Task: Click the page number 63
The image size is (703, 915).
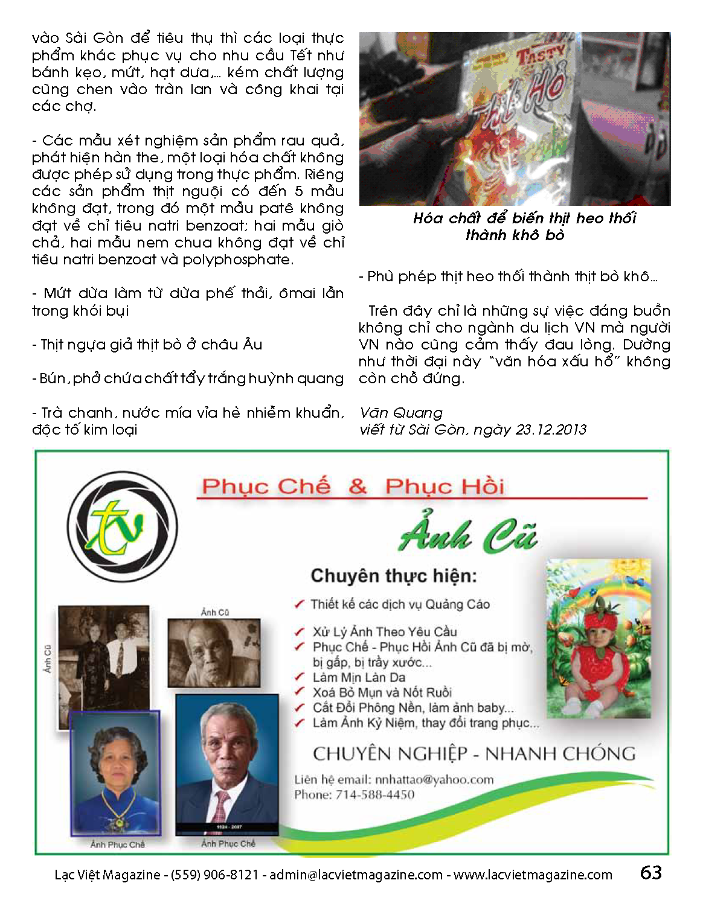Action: pyautogui.click(x=651, y=873)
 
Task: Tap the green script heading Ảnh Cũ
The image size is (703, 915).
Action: pyautogui.click(x=468, y=534)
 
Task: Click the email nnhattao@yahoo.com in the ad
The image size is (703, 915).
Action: pyautogui.click(x=434, y=779)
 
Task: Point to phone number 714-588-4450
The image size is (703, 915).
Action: pyautogui.click(x=374, y=794)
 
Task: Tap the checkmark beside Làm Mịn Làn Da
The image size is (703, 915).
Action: pyautogui.click(x=299, y=677)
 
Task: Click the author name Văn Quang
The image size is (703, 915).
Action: pyautogui.click(x=401, y=413)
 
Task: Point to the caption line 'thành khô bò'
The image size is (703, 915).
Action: pyautogui.click(x=515, y=235)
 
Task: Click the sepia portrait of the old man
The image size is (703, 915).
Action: pyautogui.click(x=214, y=652)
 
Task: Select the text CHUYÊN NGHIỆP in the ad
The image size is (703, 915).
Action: pyautogui.click(x=390, y=753)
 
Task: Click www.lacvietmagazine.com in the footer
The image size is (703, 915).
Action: pyautogui.click(x=533, y=875)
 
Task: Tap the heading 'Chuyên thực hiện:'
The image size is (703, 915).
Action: pyautogui.click(x=393, y=576)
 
